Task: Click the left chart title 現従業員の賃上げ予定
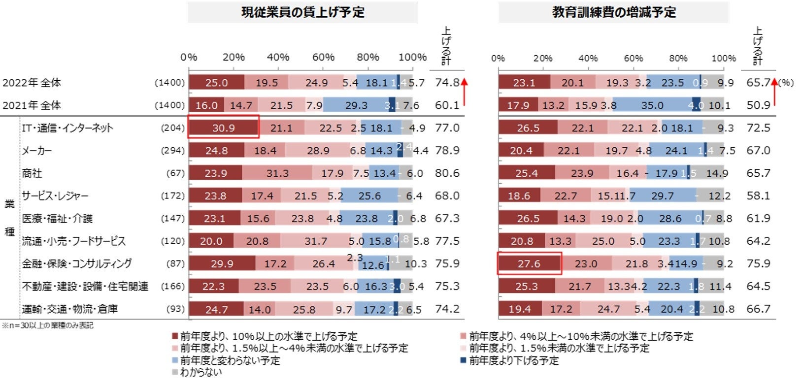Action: click(x=302, y=12)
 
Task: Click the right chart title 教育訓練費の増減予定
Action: click(x=614, y=12)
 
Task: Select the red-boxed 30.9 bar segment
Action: click(x=224, y=128)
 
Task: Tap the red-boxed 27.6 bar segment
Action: click(x=529, y=264)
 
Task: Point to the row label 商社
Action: click(x=32, y=173)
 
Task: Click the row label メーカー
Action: click(x=36, y=151)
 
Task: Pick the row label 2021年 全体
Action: click(x=32, y=105)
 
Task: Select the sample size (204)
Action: click(x=172, y=128)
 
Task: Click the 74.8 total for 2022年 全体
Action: click(x=447, y=83)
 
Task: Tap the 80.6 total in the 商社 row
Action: click(x=447, y=173)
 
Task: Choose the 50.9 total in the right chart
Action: click(x=758, y=105)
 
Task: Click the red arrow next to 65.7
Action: click(x=774, y=92)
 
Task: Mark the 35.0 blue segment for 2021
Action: click(x=652, y=105)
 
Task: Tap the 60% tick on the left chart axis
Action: click(x=323, y=57)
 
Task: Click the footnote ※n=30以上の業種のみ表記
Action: click(x=47, y=325)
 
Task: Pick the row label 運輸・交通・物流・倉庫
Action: click(x=69, y=309)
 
